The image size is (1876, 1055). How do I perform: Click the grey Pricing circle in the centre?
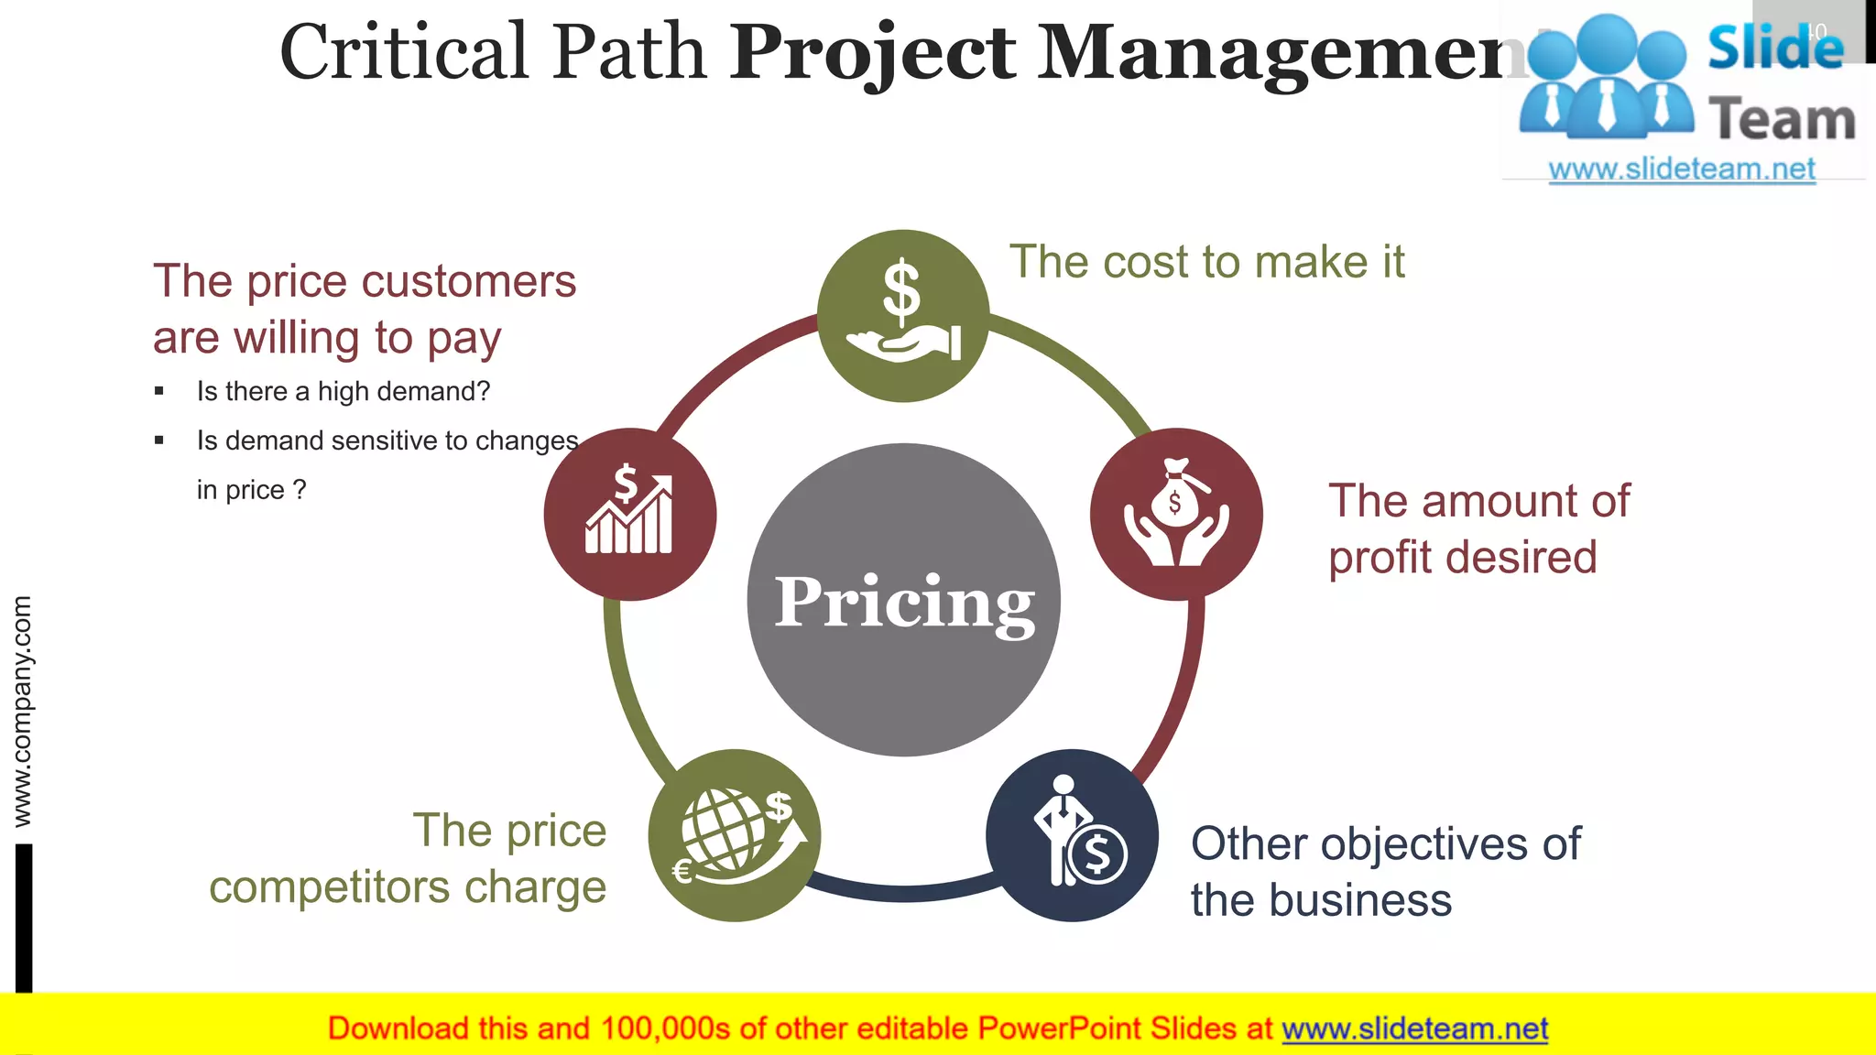point(903,600)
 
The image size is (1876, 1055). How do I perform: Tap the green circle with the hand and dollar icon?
point(903,316)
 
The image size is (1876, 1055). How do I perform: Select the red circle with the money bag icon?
point(1176,514)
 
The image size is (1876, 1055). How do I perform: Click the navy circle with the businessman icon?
point(1072,835)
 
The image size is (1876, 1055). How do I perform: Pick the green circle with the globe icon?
point(734,835)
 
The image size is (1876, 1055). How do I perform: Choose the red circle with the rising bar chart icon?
point(630,514)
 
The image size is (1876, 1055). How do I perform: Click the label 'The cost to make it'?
point(1206,262)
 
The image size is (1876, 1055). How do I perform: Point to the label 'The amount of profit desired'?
point(1478,528)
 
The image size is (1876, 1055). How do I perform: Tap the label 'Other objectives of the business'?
point(1385,871)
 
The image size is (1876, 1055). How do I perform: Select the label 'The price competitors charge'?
point(408,858)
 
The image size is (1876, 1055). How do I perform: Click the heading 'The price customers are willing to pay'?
point(365,309)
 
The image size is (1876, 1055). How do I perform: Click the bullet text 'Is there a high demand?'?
point(344,391)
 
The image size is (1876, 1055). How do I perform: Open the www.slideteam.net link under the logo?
point(1682,169)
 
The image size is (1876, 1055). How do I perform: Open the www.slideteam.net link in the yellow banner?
point(1414,1028)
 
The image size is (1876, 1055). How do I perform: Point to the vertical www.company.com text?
point(22,711)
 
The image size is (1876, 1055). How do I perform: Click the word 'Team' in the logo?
point(1782,120)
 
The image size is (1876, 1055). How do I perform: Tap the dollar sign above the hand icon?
point(901,290)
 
